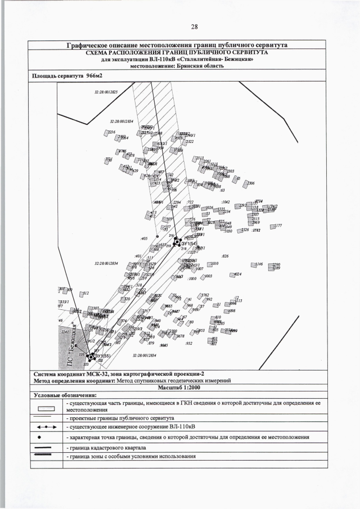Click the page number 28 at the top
(x=194, y=26)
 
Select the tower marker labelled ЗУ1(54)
(x=177, y=242)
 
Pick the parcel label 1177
(x=277, y=226)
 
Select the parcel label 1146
(x=259, y=264)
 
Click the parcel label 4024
(x=237, y=274)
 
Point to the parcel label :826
(x=225, y=256)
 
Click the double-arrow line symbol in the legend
(x=48, y=427)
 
